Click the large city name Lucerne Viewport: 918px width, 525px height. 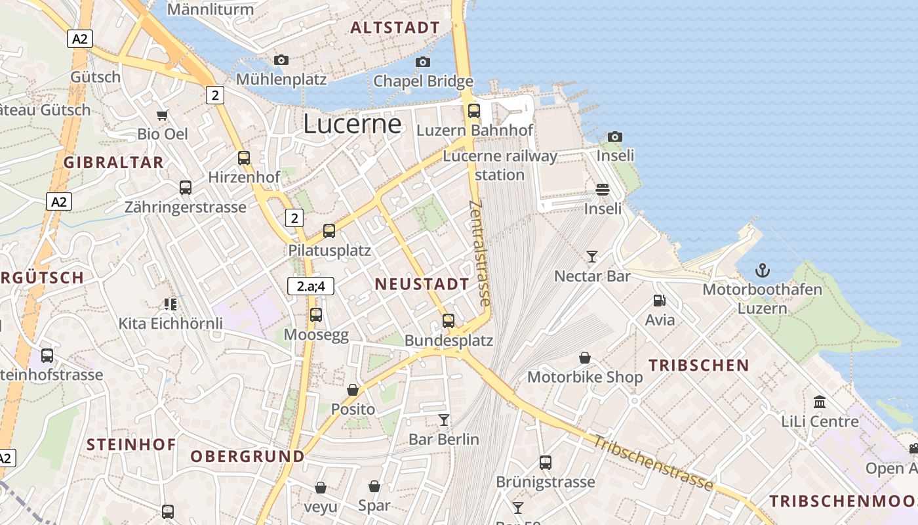point(352,124)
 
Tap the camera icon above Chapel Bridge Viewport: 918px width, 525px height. point(423,62)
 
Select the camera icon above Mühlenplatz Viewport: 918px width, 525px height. point(281,60)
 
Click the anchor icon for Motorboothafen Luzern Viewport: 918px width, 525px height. point(762,270)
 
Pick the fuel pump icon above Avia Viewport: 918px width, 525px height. point(660,301)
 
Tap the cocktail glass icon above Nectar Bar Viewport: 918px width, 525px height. point(592,256)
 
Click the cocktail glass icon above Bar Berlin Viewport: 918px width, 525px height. point(444,419)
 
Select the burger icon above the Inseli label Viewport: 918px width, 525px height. point(603,190)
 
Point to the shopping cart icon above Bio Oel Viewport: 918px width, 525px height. point(163,115)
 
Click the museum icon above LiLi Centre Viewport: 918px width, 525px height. point(820,402)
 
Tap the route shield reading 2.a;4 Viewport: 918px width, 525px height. point(311,285)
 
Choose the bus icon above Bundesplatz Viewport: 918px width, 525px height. point(449,321)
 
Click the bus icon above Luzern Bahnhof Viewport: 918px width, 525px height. point(474,111)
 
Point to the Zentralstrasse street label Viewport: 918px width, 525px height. point(481,253)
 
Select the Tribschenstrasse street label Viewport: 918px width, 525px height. point(653,463)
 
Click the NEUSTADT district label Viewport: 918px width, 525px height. point(422,284)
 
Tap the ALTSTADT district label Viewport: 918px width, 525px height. point(395,28)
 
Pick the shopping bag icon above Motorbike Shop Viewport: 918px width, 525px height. point(585,358)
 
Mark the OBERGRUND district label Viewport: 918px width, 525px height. point(247,456)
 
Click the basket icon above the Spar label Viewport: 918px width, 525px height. point(374,486)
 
